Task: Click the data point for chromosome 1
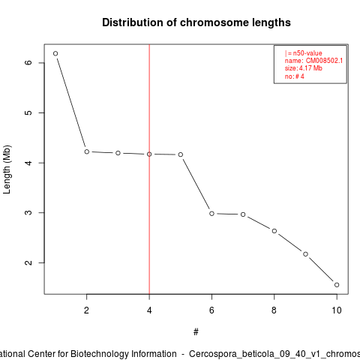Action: [x=55, y=53]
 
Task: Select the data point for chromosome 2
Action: [x=87, y=151]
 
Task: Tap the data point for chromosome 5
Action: [x=181, y=154]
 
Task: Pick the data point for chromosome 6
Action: [x=211, y=214]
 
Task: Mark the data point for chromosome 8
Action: [x=274, y=231]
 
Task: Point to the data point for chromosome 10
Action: [x=337, y=285]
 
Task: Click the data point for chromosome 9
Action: [x=305, y=254]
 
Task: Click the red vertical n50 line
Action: [x=149, y=169]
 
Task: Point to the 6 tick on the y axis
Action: [x=41, y=63]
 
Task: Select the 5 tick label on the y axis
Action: [x=28, y=112]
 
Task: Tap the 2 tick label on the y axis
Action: [x=28, y=262]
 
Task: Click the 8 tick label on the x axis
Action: [x=274, y=310]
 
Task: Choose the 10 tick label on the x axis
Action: [x=337, y=310]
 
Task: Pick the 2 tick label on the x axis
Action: [x=86, y=310]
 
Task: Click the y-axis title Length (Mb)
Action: [x=7, y=169]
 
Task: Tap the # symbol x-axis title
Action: [x=196, y=332]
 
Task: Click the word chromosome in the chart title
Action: [x=214, y=22]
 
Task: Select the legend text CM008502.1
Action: [x=324, y=61]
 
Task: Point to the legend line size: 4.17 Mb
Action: [x=304, y=68]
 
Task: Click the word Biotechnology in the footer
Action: [x=106, y=354]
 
